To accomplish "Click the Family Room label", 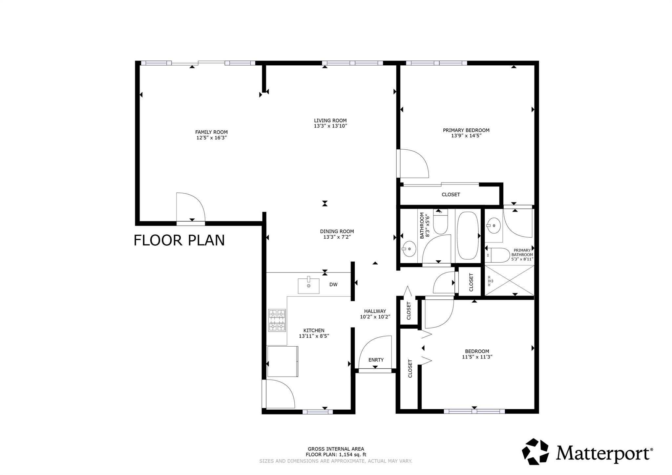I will (211, 132).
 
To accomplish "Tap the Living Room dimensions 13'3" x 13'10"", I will (330, 126).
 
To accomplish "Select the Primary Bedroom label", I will (466, 130).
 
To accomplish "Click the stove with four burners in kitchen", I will (277, 320).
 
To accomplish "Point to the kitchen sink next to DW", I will (308, 286).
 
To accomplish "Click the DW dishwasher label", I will (333, 285).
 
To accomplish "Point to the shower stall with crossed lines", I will (509, 280).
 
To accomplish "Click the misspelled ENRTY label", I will (376, 360).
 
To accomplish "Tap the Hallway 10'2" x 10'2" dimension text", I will (375, 317).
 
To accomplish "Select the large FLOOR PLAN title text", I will (179, 240).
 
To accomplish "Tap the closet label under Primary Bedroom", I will (451, 195).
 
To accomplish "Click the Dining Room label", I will (337, 231).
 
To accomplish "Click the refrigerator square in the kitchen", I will (283, 361).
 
